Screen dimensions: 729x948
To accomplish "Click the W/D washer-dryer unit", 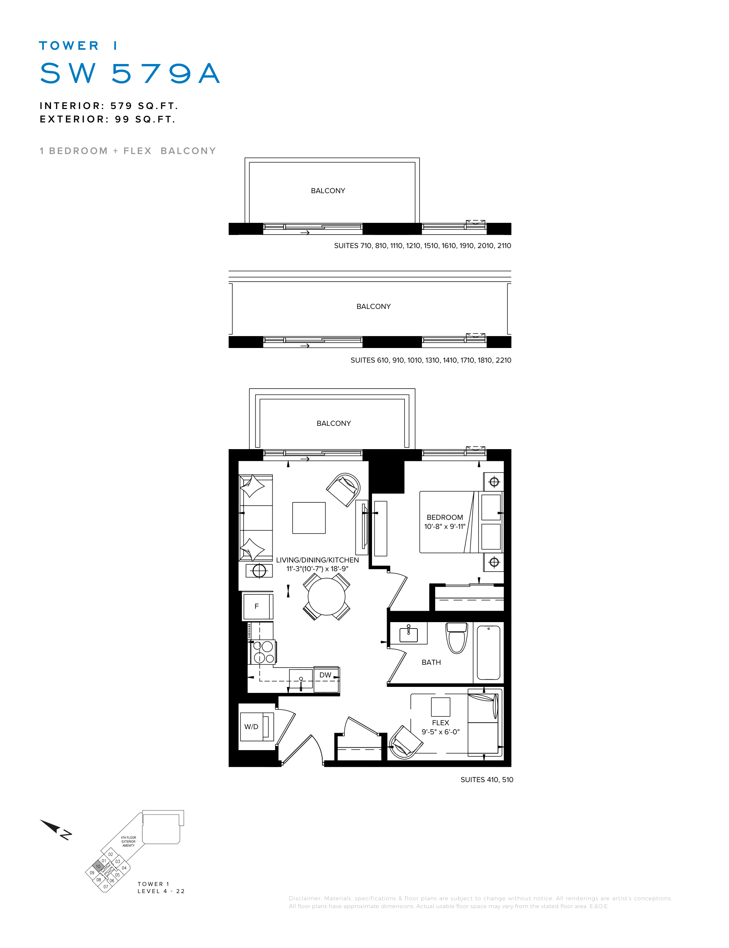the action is pos(256,727).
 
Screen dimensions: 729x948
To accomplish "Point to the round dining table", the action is pos(326,596).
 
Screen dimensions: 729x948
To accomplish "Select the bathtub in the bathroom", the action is pos(489,653).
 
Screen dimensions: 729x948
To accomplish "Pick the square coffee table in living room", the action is pos(309,518).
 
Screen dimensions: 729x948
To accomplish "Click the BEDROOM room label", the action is pos(445,517).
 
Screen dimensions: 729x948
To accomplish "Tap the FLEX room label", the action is pos(440,723).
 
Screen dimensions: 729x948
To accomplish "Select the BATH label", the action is pos(431,662).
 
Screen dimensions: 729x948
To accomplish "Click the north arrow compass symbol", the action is pos(56,829).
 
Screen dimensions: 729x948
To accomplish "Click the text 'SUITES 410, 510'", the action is pos(487,780).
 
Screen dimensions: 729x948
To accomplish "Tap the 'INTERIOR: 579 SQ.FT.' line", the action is pos(109,106).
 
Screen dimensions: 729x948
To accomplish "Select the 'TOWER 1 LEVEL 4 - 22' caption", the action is pos(161,888).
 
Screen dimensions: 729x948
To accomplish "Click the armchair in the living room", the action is pos(344,490).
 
